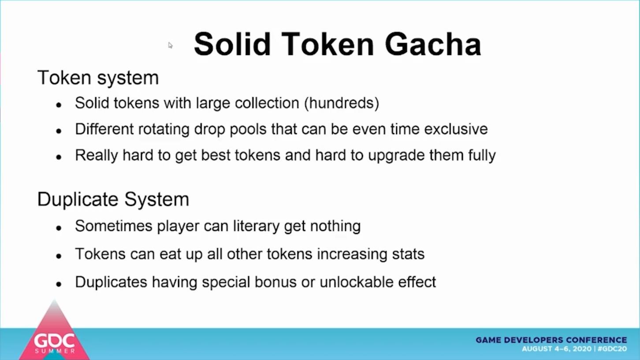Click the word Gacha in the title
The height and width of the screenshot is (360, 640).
pos(433,45)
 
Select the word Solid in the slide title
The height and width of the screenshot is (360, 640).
pos(232,44)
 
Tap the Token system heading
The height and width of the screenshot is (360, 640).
pos(98,78)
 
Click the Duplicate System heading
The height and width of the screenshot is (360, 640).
pos(113,199)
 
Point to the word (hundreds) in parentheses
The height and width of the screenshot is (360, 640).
pos(342,103)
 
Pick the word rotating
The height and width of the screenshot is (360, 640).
pos(164,129)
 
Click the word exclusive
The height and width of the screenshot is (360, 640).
pos(456,129)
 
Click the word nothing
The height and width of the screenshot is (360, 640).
pos(335,226)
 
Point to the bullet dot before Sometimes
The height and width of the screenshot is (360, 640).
pos(59,228)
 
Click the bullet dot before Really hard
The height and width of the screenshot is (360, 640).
pos(59,157)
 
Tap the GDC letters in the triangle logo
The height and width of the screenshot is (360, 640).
pos(54,341)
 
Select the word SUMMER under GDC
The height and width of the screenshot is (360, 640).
pos(55,351)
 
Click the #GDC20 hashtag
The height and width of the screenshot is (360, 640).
pos(612,349)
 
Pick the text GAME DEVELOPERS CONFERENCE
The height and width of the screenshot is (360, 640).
pos(551,340)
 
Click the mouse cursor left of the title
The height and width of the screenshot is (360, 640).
pos(170,45)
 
